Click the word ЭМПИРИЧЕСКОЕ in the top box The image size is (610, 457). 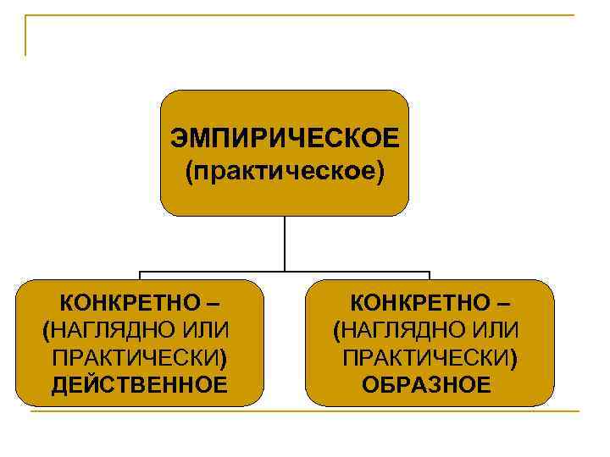pos(284,138)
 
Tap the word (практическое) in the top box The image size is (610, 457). pos(284,172)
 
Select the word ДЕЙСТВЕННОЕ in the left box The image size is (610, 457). pos(139,386)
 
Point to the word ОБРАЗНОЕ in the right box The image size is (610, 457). pos(426,386)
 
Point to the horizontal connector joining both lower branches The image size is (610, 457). pos(285,273)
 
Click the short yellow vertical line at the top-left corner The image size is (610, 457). pos(26,36)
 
